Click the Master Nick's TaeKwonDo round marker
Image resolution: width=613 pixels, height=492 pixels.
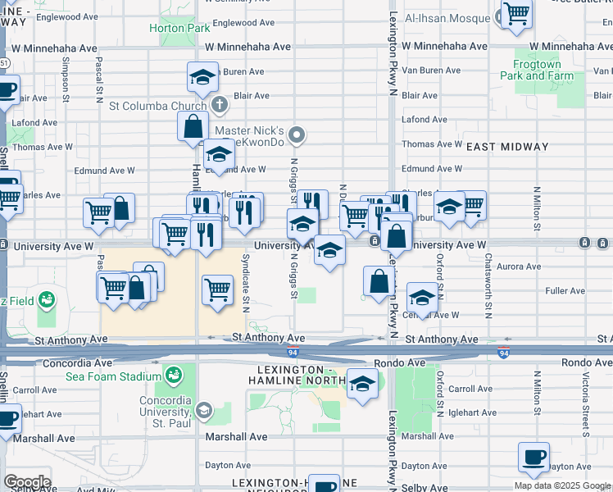299,135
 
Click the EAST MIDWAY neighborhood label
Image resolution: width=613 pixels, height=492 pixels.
507,147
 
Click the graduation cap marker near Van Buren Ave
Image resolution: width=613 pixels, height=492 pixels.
202,78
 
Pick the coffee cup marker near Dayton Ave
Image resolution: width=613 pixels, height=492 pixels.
534,457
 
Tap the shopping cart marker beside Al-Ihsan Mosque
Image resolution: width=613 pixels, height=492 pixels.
516,12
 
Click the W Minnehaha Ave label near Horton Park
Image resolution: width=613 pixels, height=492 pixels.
248,48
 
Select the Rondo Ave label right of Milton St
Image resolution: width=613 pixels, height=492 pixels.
585,362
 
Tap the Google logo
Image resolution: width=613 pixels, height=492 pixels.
27,482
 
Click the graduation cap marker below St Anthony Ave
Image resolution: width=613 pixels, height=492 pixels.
361,384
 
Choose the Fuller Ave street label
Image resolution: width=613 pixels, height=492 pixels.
564,290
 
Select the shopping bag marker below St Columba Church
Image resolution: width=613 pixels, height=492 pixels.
193,127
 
